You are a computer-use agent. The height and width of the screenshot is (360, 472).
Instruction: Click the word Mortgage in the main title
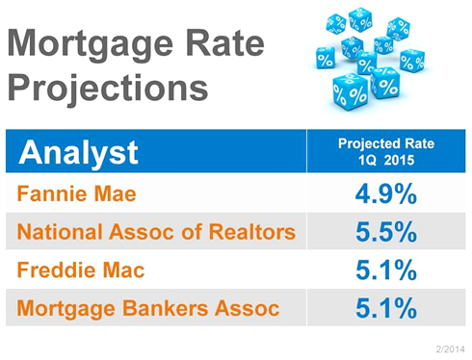coord(91,45)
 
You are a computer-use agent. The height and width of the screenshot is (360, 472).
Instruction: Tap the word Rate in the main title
coord(225,42)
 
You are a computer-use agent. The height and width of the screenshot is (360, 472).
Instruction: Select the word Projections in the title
coord(108,89)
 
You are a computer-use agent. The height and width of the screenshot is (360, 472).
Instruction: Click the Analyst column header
coord(79,153)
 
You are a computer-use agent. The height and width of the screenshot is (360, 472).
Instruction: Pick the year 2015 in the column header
coord(399,160)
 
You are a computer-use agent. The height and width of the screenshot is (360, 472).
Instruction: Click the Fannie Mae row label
coord(77,193)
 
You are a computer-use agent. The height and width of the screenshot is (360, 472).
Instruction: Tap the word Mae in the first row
coord(116,193)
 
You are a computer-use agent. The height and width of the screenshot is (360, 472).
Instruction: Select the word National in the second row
coord(60,231)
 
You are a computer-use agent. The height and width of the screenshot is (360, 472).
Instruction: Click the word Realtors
coord(252,231)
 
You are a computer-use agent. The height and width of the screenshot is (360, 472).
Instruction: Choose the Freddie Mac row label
coord(81,270)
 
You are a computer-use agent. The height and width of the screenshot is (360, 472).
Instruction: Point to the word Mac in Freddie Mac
coord(123,270)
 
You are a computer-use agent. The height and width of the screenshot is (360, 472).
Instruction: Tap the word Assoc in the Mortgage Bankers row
coord(248,308)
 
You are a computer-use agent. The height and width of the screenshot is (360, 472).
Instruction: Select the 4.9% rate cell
coord(386,193)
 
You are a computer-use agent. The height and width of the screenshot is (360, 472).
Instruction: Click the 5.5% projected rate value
coord(386,232)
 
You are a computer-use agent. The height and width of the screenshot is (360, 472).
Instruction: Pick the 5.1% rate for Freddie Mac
coord(386,270)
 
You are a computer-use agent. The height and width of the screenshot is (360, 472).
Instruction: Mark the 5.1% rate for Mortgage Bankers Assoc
coord(386,308)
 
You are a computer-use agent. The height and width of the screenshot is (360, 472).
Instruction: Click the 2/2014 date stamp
coord(450,348)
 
